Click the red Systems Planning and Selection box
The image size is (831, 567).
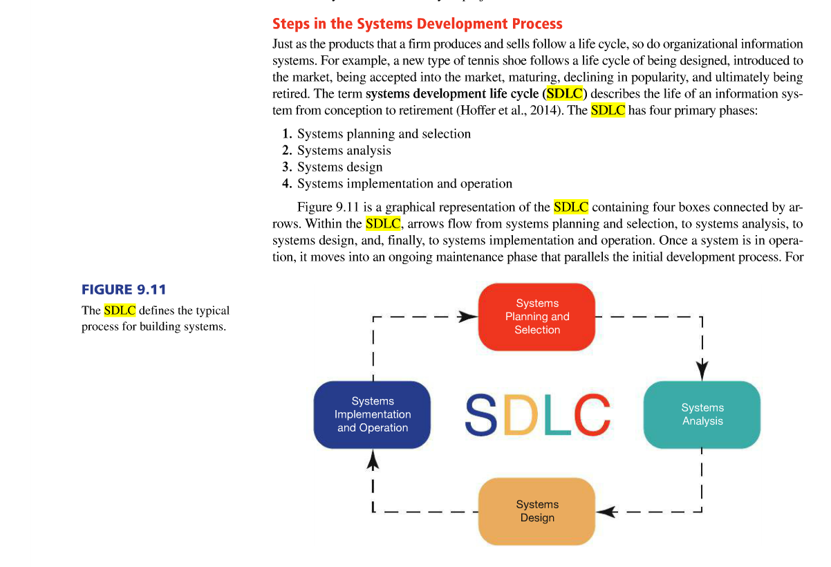pos(536,317)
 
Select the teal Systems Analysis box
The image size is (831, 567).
pos(702,414)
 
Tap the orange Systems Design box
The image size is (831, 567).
pos(536,512)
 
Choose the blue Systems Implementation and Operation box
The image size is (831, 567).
pos(372,414)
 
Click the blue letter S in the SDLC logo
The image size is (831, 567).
pos(480,414)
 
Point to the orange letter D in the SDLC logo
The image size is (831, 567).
pos(521,414)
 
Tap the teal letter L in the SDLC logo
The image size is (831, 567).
pos(558,414)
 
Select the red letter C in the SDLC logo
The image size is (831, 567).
pos(592,414)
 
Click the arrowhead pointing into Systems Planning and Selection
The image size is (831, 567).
pos(467,317)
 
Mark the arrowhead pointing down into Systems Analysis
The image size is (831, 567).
pos(702,371)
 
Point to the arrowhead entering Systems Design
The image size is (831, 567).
pos(606,512)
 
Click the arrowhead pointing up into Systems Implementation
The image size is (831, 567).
pos(373,459)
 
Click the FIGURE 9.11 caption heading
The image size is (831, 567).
pos(124,290)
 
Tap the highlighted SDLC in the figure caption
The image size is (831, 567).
pos(120,310)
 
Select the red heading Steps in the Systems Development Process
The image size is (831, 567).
pos(418,24)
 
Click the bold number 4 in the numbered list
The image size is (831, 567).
pos(286,184)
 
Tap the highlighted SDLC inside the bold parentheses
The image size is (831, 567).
pos(565,93)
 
